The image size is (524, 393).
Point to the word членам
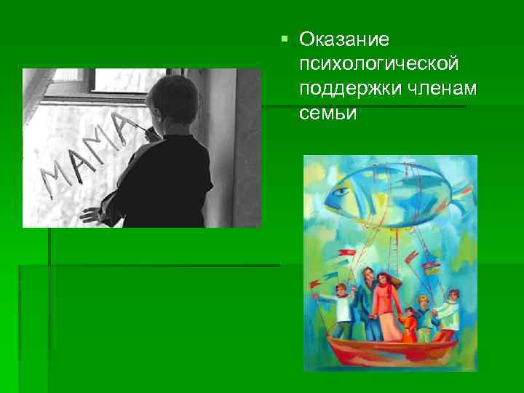[x=435, y=88]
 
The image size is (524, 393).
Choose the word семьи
[x=327, y=113]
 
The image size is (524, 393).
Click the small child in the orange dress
[x=409, y=323]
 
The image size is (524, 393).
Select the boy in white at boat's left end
[x=340, y=309]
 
